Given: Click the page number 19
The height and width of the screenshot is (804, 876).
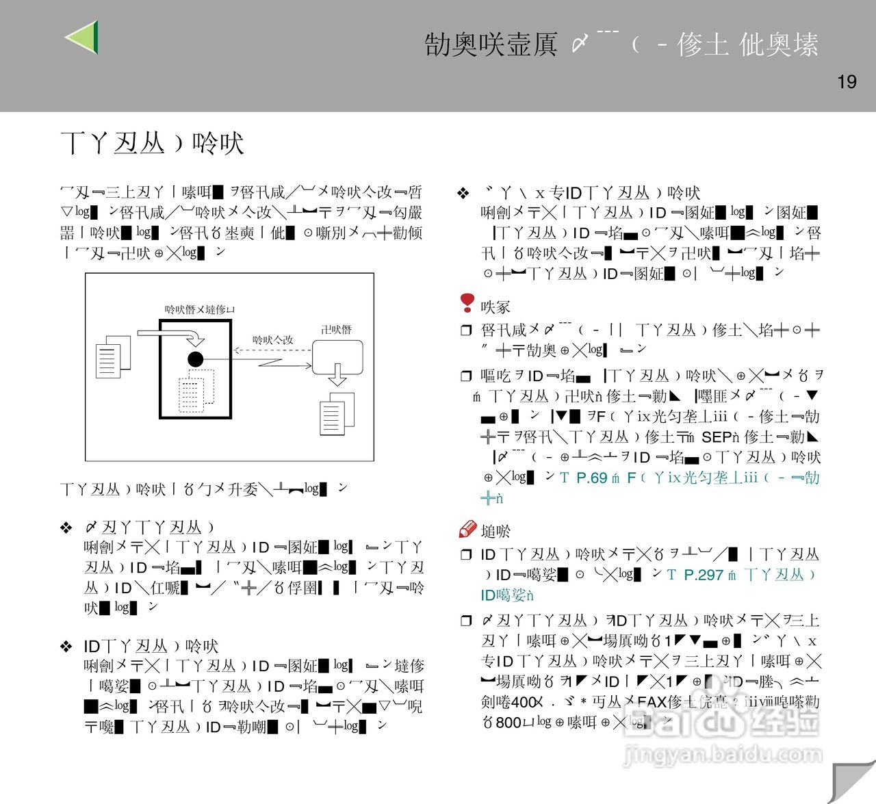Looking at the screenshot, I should pos(847,82).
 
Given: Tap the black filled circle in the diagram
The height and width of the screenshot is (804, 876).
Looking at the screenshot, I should pos(196,359).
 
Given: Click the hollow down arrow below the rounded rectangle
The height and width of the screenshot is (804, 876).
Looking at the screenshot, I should pos(337,375).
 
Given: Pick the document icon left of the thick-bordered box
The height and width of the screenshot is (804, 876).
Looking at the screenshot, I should pos(113,356).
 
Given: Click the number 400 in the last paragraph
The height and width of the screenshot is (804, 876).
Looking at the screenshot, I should pos(524,701).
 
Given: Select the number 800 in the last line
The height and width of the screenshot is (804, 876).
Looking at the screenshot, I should pos(508,722).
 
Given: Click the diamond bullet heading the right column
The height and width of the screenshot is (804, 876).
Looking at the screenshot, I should pos(463,194).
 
